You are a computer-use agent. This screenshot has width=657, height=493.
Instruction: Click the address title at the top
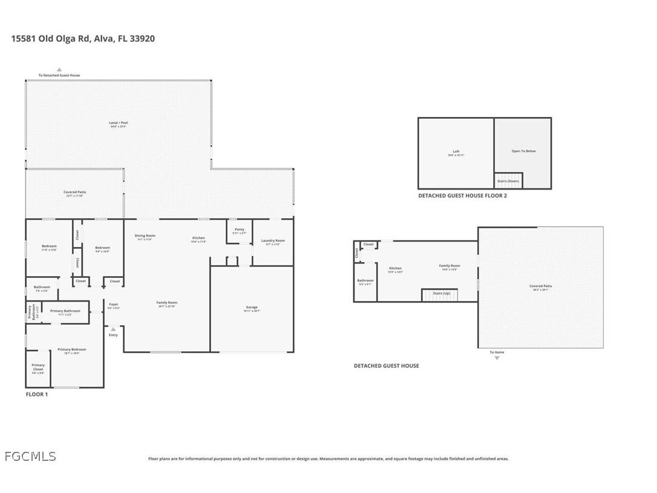[83, 38]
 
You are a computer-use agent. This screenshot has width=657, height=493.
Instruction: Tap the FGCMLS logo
[30, 457]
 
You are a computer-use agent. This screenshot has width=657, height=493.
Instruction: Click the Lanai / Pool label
[119, 124]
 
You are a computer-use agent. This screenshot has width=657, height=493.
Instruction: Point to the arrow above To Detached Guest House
[59, 70]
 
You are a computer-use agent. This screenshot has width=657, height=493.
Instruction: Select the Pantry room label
[240, 230]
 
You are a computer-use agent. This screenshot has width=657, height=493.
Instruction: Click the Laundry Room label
[273, 242]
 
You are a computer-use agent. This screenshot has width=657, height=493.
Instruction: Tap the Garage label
[252, 308]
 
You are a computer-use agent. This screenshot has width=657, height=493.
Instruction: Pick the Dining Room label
[145, 237]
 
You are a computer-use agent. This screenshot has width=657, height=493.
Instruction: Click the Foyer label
[114, 305]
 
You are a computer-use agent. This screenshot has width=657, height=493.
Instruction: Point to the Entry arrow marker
[113, 329]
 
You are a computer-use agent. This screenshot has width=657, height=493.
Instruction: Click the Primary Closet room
[38, 368]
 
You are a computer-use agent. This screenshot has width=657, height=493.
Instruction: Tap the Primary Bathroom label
[65, 312]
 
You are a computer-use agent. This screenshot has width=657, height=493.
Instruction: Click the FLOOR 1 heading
[36, 394]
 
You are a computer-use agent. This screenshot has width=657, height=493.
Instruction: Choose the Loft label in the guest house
[456, 153]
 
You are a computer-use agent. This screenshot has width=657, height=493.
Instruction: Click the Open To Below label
[523, 151]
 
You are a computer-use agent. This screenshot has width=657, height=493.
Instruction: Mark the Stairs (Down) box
[508, 180]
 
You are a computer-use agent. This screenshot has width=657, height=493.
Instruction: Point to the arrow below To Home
[497, 358]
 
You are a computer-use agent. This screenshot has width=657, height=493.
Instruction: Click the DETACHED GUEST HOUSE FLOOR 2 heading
[462, 196]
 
